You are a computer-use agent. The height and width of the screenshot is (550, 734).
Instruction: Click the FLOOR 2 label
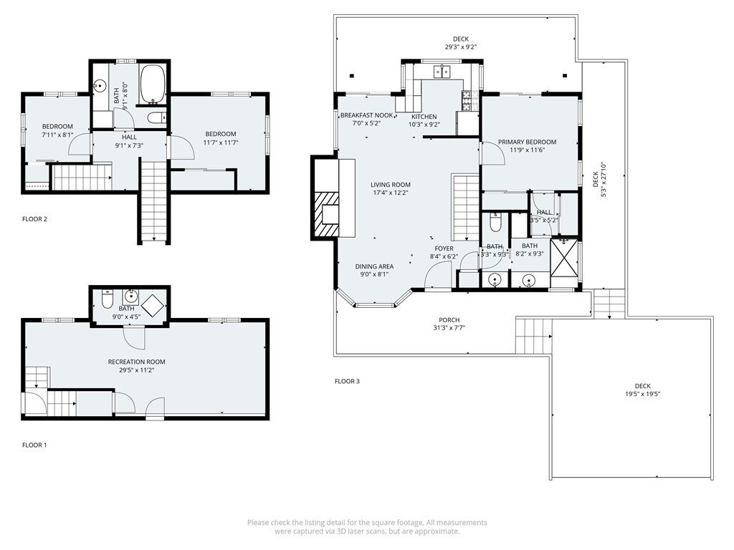tap(34, 219)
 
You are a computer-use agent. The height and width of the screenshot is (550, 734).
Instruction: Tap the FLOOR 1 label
tap(34, 445)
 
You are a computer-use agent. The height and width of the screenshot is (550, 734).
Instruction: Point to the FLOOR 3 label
tap(348, 381)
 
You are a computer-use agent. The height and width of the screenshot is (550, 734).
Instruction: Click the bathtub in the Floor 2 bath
tap(153, 84)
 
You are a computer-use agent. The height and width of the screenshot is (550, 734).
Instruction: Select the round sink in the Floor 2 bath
tap(99, 86)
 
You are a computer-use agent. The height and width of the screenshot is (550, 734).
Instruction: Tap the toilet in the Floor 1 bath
tap(108, 299)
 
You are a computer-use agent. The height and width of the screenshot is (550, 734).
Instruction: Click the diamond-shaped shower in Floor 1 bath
tap(153, 306)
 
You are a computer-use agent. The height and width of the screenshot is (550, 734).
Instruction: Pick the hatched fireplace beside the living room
tap(327, 215)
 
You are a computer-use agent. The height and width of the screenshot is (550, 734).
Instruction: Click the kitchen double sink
tap(442, 72)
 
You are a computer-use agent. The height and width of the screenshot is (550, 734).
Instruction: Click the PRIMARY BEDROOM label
tap(527, 143)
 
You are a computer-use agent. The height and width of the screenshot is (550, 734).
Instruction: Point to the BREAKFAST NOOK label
tap(366, 115)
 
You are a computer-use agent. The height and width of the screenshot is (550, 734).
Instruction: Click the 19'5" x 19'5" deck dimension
tap(643, 394)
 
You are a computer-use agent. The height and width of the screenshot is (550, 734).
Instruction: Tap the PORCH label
tap(449, 320)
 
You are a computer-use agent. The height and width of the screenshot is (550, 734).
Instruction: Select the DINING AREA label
tap(374, 266)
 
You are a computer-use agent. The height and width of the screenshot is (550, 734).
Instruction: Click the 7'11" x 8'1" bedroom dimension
tap(57, 135)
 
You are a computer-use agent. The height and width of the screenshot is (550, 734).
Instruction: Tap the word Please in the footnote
tap(258, 522)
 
